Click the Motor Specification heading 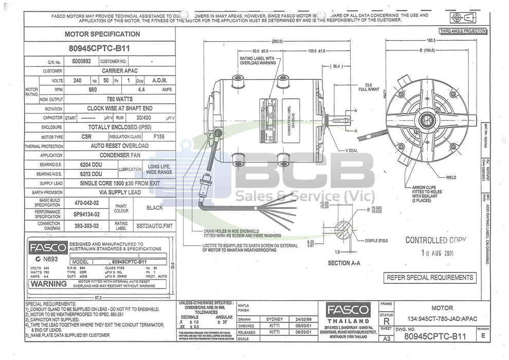pos(102,34)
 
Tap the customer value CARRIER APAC pos(120,70)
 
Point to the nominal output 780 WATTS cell pos(120,99)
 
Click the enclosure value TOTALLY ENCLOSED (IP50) pos(120,127)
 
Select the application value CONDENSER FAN pos(120,155)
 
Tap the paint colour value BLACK pos(154,208)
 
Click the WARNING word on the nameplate pos(48,283)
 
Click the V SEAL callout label pos(352,150)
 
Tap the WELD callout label pos(451,177)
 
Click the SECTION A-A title pos(344,263)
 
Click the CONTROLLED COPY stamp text pos(435,240)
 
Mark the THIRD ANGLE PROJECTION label pos(462,31)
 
